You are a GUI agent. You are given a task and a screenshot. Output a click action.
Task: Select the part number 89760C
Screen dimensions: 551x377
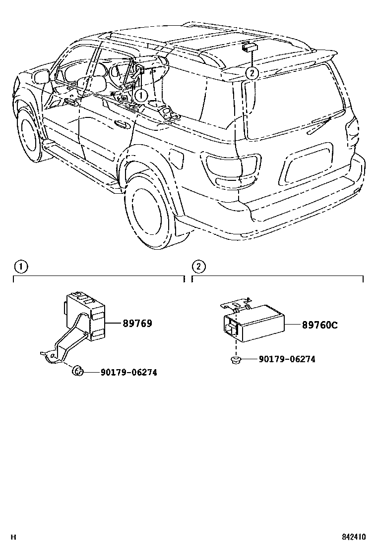[320, 325]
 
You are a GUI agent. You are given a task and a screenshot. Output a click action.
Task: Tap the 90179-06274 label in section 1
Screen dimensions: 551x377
[128, 372]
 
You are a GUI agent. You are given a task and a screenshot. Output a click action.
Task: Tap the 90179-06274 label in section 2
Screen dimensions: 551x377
[287, 359]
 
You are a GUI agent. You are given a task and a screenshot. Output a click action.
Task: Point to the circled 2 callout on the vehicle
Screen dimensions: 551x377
[252, 73]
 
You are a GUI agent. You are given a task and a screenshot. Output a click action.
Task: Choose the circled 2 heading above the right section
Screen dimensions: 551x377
[198, 267]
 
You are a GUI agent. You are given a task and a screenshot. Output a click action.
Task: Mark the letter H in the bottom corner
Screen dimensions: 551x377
[14, 537]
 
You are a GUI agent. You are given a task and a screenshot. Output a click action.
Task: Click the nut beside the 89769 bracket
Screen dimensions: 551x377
[77, 370]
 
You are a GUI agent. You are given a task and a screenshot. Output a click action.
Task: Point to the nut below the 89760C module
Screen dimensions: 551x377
[236, 359]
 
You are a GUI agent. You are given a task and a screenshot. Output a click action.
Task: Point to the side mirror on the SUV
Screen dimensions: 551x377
[42, 76]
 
